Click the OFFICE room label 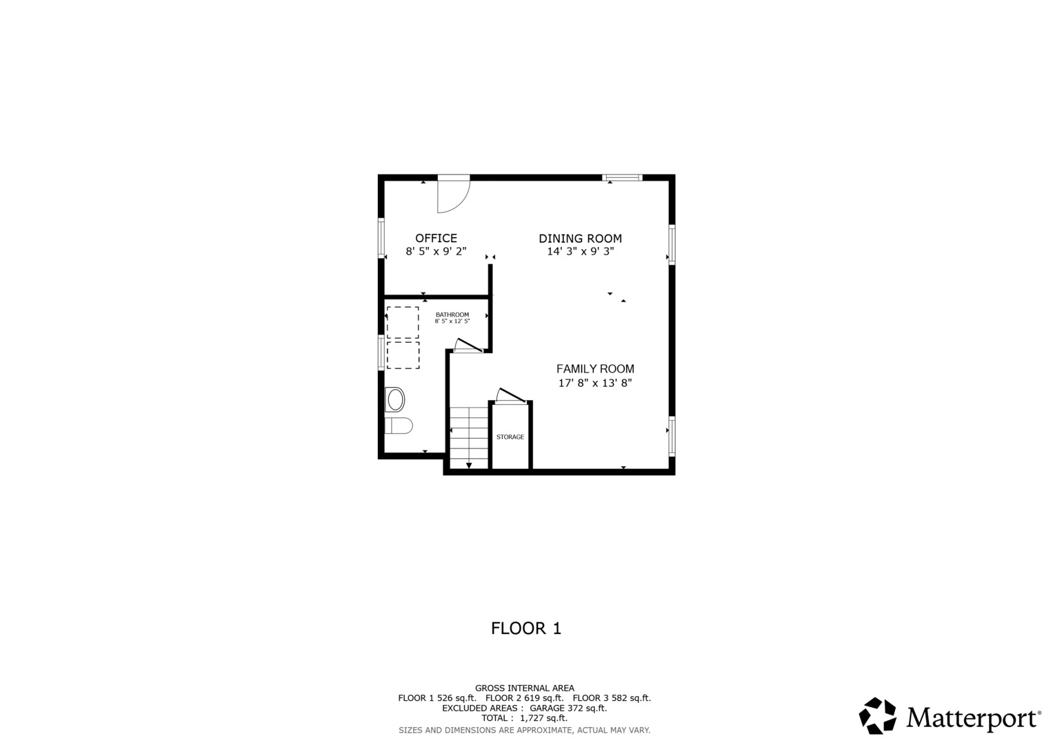pos(436,238)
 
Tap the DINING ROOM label pos(580,239)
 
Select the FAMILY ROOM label pos(595,369)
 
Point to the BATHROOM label pos(452,315)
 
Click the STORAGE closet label pos(510,437)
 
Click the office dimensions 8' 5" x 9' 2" pos(436,251)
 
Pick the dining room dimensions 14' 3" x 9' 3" pos(581,251)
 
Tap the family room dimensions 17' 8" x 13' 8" pos(595,383)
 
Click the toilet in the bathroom pos(399,426)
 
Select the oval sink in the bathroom pos(395,400)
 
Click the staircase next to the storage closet pos(469,438)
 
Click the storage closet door pos(510,396)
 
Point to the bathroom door pos(468,345)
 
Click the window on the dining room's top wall pos(623,177)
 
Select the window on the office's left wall pos(381,238)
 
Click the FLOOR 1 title pos(526,628)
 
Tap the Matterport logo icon pos(877,715)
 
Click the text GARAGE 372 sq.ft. pos(568,708)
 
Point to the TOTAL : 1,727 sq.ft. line pos(525,718)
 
